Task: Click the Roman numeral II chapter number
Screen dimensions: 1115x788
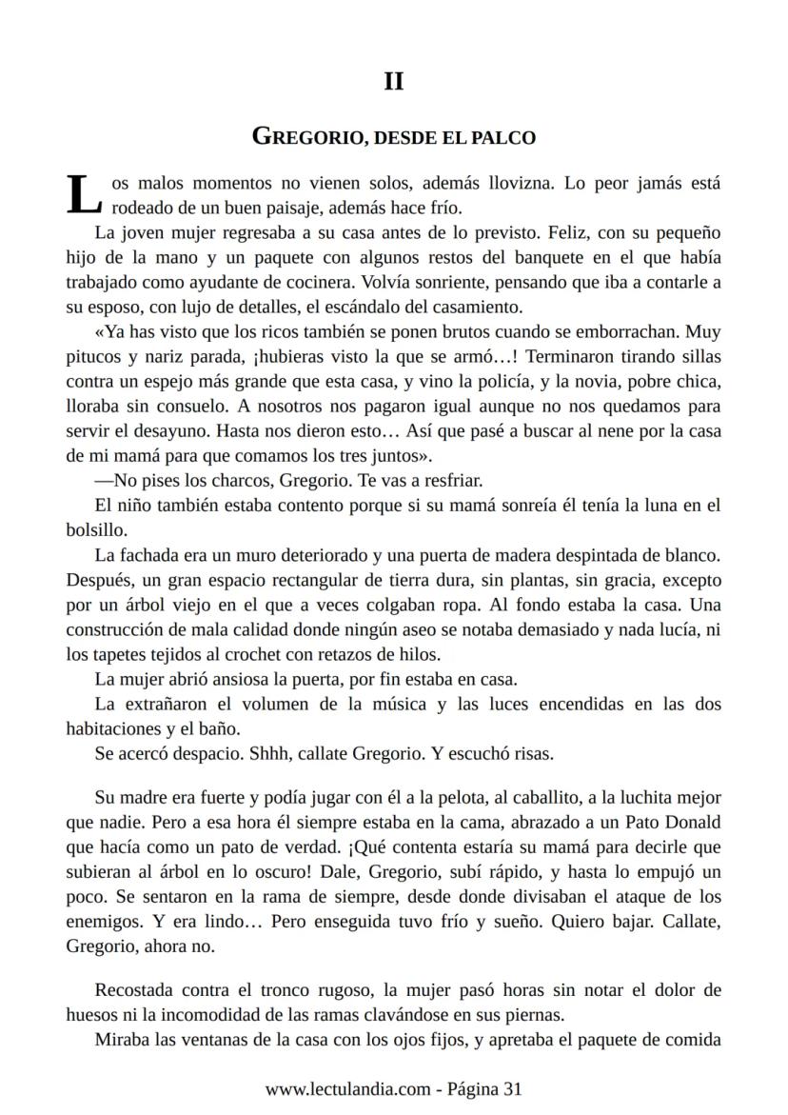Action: point(393,82)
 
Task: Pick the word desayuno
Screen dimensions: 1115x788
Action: point(181,431)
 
